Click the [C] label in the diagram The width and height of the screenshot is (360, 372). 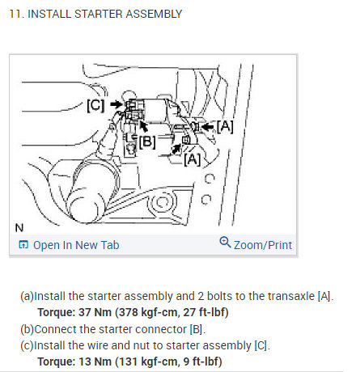[x=95, y=105]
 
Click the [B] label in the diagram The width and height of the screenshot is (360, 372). [x=146, y=142]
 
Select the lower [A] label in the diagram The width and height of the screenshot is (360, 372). [x=192, y=159]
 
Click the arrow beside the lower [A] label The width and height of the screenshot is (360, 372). [x=177, y=148]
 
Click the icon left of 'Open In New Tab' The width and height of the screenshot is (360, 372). [x=23, y=245]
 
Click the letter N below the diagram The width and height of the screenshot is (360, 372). [x=19, y=227]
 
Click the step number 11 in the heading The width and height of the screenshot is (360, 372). [x=13, y=15]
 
